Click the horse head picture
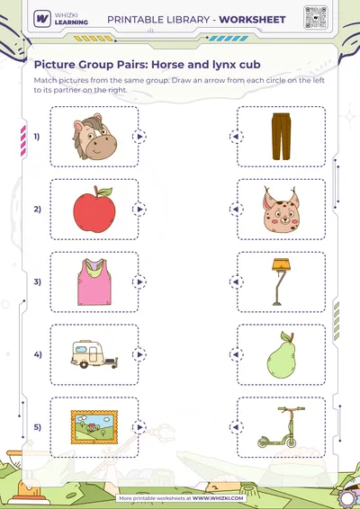click(x=94, y=137)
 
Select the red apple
click(x=94, y=210)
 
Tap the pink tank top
click(x=94, y=281)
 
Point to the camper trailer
click(x=94, y=354)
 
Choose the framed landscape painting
click(x=94, y=427)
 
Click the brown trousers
click(x=282, y=137)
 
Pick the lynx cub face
click(x=281, y=210)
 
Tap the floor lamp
click(x=281, y=281)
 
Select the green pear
click(x=282, y=355)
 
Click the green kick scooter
click(x=282, y=427)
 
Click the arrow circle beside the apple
click(x=139, y=210)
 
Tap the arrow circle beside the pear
click(x=237, y=354)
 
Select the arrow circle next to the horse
click(x=139, y=137)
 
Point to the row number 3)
click(x=38, y=281)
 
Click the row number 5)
click(x=38, y=427)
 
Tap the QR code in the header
click(x=316, y=17)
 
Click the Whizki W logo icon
click(x=42, y=19)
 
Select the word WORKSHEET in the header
click(x=253, y=20)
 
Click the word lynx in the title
click(x=222, y=65)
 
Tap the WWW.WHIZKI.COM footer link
click(x=218, y=498)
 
